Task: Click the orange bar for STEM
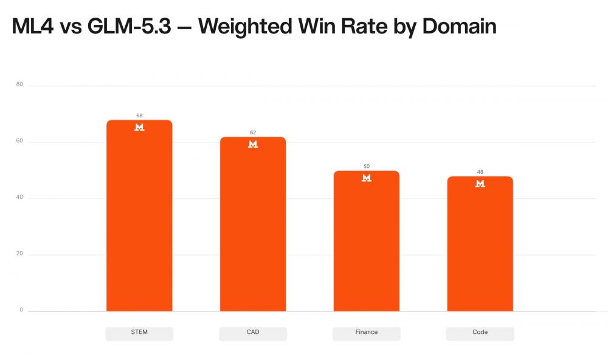point(139,216)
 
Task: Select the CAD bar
point(253,224)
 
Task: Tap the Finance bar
point(367,241)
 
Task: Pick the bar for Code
point(480,244)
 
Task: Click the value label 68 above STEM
point(139,116)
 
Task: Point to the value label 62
point(253,133)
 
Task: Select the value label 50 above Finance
point(367,167)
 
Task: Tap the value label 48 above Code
point(480,172)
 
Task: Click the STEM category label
point(139,332)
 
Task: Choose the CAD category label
point(253,332)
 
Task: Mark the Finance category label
point(367,332)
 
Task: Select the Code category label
point(480,332)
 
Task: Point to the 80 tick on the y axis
point(19,84)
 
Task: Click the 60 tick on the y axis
point(19,141)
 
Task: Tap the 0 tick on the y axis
point(21,310)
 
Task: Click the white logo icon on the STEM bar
point(139,127)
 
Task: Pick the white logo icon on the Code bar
point(480,184)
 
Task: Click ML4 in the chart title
point(33,26)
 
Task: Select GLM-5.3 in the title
point(129,26)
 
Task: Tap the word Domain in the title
point(459,26)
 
